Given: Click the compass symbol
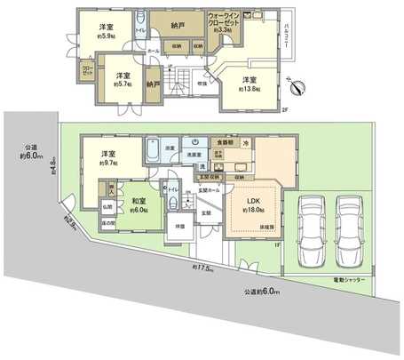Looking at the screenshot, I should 301,87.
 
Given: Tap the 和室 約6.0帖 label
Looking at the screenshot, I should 138,206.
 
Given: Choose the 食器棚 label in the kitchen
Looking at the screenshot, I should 226,141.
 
